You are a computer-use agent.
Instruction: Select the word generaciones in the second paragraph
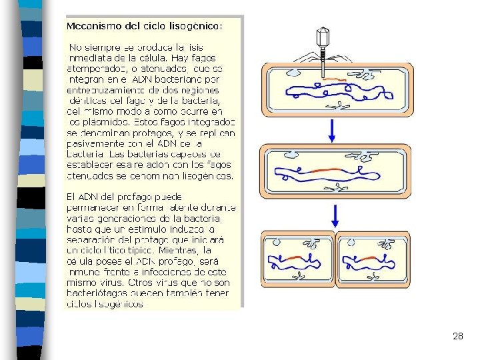point(137,218)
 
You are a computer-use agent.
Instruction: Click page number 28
point(457,337)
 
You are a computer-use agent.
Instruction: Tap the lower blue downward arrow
point(335,215)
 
